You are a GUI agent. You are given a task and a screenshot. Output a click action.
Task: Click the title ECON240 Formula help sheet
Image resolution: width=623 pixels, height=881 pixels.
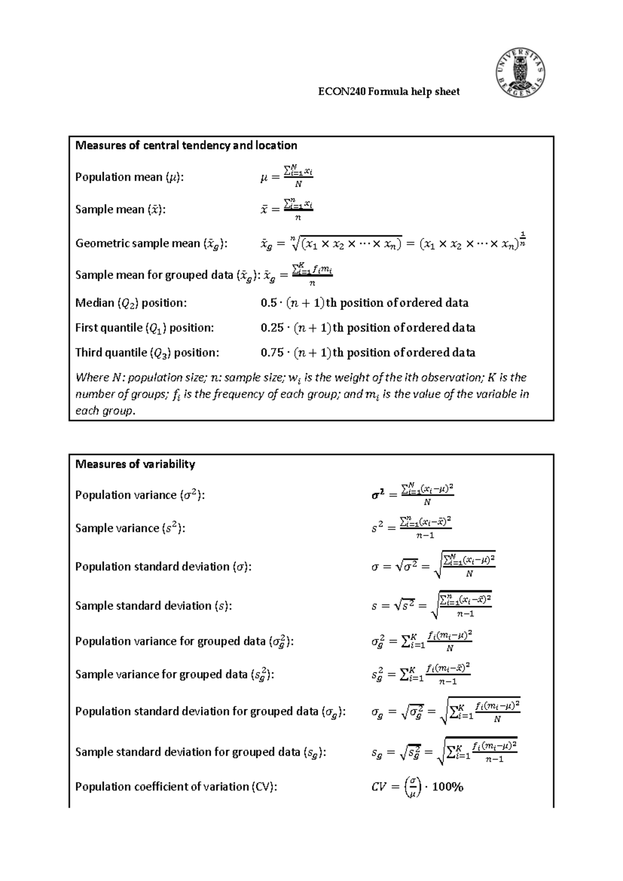coord(388,92)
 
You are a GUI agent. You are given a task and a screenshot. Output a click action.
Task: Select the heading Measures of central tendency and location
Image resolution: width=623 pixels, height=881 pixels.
coord(186,145)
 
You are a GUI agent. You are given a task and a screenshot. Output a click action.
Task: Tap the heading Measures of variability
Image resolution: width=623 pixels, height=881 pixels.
coord(135,464)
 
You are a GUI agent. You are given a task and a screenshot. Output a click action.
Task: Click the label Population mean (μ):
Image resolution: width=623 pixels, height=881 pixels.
coord(129,177)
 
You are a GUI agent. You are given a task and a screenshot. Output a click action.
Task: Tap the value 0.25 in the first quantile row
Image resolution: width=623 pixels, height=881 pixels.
coord(272,328)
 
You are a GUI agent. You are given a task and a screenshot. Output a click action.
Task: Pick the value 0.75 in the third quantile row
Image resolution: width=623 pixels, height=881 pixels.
coord(272,353)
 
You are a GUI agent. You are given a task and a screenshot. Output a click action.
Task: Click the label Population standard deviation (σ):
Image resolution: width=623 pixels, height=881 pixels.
coord(163,567)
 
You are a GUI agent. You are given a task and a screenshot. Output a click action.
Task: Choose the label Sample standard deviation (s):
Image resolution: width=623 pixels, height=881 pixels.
coord(153,606)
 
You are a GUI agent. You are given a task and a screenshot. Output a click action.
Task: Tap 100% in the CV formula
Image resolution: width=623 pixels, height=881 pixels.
coord(448,787)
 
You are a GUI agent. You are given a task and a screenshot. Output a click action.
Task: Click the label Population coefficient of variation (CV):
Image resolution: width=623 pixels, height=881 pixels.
coord(176,787)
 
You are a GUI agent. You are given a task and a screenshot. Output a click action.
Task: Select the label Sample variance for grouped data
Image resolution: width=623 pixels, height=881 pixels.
coord(174,675)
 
